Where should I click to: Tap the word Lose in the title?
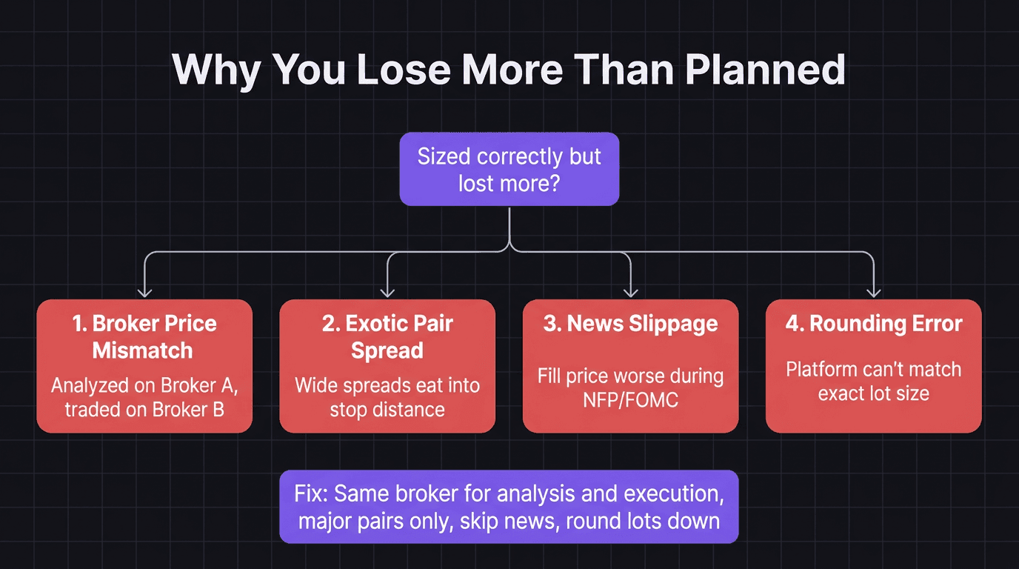pyautogui.click(x=404, y=69)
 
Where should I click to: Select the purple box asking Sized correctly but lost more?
pyautogui.click(x=509, y=169)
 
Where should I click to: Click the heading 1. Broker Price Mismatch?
pyautogui.click(x=144, y=336)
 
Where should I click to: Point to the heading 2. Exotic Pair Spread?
pyautogui.click(x=387, y=336)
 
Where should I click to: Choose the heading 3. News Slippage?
pyautogui.click(x=630, y=324)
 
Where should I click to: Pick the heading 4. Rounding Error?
pyautogui.click(x=873, y=324)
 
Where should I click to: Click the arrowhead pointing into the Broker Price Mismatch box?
pyautogui.click(x=144, y=292)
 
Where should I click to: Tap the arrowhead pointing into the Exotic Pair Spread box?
pyautogui.click(x=387, y=292)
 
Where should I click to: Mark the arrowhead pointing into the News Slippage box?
pyautogui.click(x=630, y=292)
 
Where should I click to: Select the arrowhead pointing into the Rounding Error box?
pyautogui.click(x=873, y=292)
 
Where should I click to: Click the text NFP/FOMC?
pyautogui.click(x=630, y=400)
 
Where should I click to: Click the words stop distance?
pyautogui.click(x=387, y=409)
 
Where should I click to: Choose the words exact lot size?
pyautogui.click(x=873, y=393)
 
